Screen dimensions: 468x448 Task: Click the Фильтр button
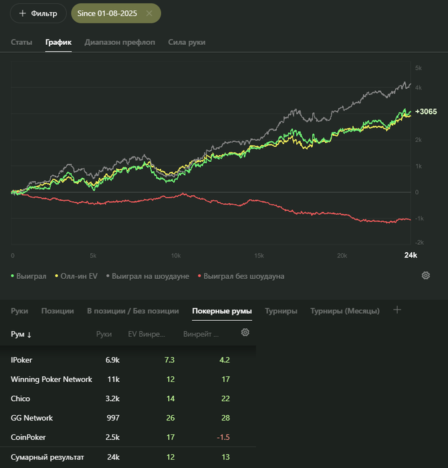click(38, 13)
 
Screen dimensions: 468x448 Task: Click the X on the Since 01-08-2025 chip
click(148, 13)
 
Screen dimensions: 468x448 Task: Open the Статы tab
click(21, 42)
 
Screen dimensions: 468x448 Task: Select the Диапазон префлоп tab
click(120, 42)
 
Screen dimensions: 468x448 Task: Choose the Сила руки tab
click(187, 42)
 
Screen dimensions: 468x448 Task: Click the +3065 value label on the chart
click(425, 112)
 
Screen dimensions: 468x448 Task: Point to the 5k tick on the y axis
click(418, 68)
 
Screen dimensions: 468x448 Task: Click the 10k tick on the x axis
click(175, 255)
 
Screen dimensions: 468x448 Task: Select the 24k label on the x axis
click(411, 255)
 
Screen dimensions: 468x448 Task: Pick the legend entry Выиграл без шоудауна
click(243, 276)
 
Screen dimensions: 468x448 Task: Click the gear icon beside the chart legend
click(425, 275)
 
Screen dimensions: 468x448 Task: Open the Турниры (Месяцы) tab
click(344, 311)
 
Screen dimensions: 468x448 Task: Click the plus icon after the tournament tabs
click(397, 310)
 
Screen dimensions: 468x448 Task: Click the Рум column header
click(21, 334)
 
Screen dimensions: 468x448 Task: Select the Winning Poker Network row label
click(51, 379)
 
